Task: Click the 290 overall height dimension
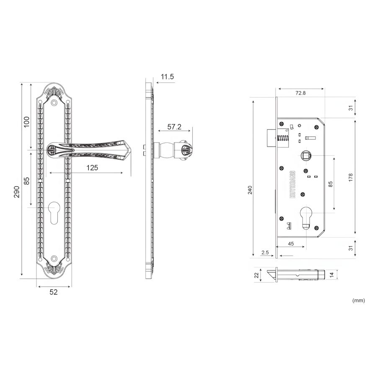[x=16, y=191]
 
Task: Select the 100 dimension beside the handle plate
[x=26, y=121]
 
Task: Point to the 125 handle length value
[x=92, y=168]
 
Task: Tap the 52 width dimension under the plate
[x=54, y=292]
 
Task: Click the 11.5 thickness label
[x=167, y=77]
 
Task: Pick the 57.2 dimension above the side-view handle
[x=174, y=127]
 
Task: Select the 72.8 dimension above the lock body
[x=300, y=93]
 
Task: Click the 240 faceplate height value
[x=250, y=190]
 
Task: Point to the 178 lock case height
[x=351, y=177]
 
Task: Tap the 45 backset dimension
[x=291, y=244]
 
